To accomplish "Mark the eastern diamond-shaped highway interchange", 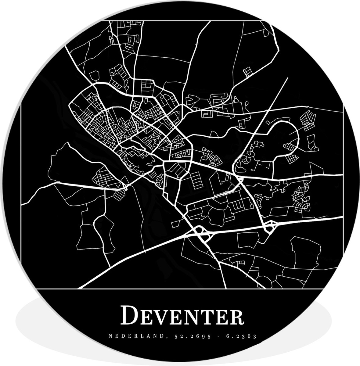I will click(x=269, y=226).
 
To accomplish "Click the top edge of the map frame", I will click(x=183, y=21).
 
